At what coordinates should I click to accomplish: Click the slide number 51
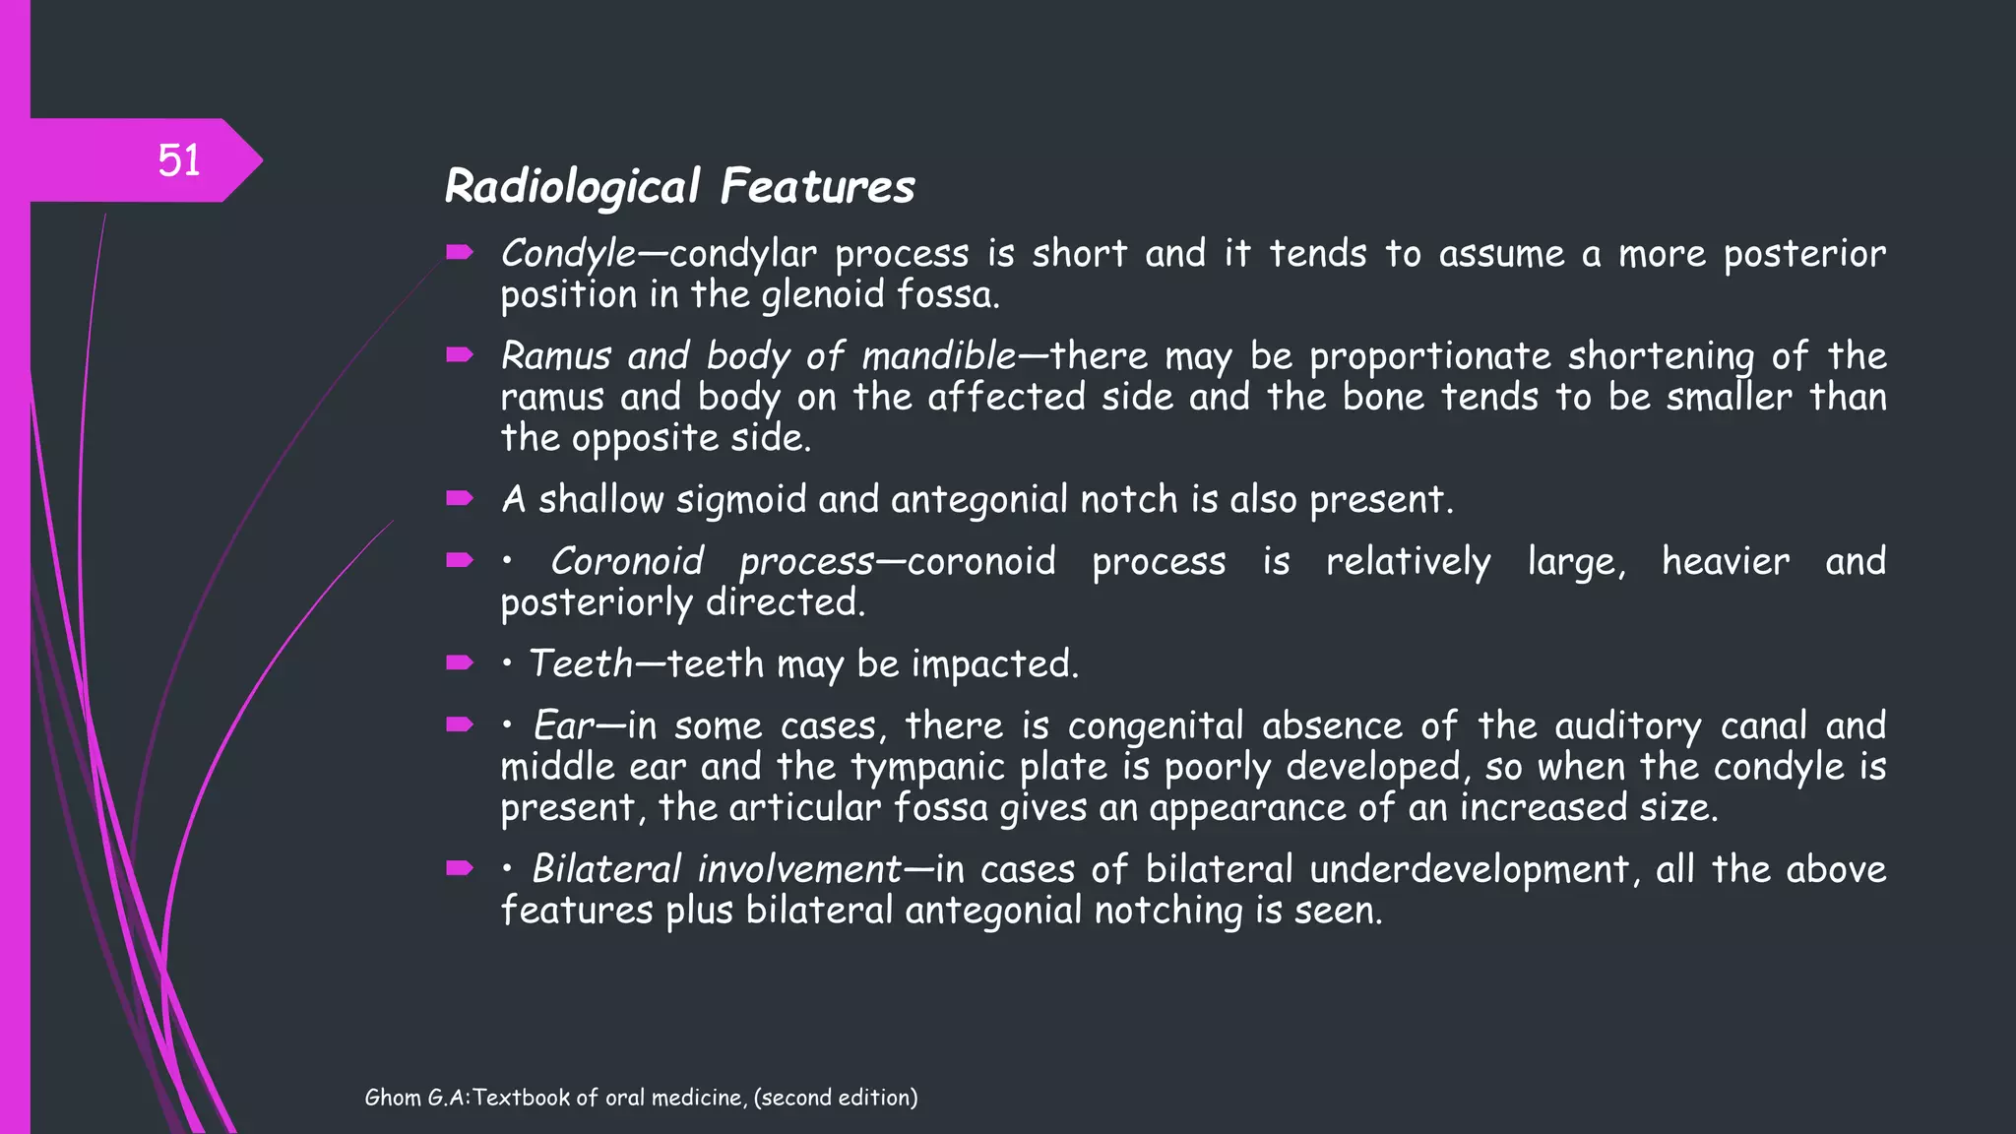tap(179, 160)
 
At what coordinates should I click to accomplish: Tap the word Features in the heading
tap(817, 186)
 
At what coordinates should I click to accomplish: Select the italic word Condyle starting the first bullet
tap(568, 254)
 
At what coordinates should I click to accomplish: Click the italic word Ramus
tap(556, 355)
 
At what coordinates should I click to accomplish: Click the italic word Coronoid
tap(627, 561)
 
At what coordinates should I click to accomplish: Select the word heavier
tap(1726, 561)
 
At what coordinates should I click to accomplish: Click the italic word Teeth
tap(581, 663)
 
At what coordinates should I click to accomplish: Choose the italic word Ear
tap(564, 725)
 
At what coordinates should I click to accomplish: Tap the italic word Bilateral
tap(606, 869)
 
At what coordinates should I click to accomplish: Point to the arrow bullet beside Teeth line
tap(460, 662)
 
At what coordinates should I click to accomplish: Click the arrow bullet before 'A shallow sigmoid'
tap(460, 498)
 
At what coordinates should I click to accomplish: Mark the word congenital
tap(1157, 726)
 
